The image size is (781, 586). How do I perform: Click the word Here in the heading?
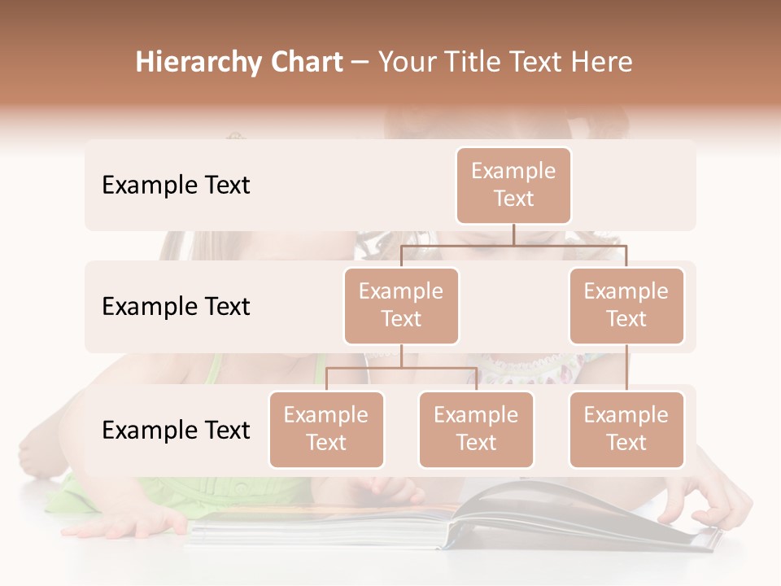tap(603, 63)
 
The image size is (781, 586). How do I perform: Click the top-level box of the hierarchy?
tap(513, 185)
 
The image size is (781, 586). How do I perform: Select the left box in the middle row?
tap(401, 305)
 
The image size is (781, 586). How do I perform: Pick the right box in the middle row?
tap(626, 305)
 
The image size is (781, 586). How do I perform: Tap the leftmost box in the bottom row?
tap(326, 429)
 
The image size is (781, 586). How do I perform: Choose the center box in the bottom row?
tap(476, 429)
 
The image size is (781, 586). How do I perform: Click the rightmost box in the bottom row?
tap(626, 429)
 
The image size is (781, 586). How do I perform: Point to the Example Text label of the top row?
tap(176, 185)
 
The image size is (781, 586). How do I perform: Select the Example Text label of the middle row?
tap(176, 306)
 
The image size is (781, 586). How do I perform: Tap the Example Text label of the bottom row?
tap(176, 430)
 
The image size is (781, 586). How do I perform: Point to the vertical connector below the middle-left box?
tap(401, 356)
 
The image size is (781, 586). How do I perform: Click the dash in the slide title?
tap(360, 63)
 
